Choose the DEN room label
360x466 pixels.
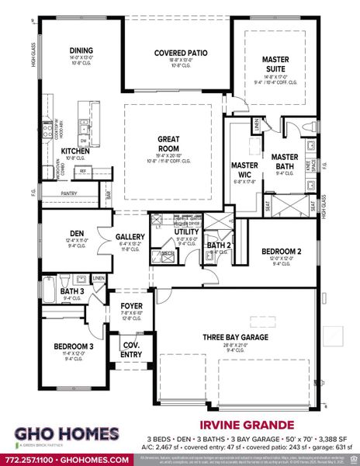tap(75, 232)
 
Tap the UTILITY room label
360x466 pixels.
tap(185, 231)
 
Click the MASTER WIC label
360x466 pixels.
tap(244, 170)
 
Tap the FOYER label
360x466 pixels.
tap(130, 306)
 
